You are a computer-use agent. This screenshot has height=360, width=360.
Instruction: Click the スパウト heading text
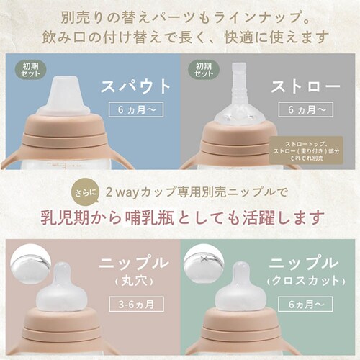(x=135, y=86)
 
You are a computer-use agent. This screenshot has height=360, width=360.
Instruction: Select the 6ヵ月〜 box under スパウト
(x=136, y=110)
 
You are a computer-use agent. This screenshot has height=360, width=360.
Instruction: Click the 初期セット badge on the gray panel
(x=204, y=70)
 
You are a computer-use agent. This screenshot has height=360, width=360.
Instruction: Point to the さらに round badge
(x=84, y=193)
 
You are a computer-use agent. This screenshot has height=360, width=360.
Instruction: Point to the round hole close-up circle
(x=28, y=264)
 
